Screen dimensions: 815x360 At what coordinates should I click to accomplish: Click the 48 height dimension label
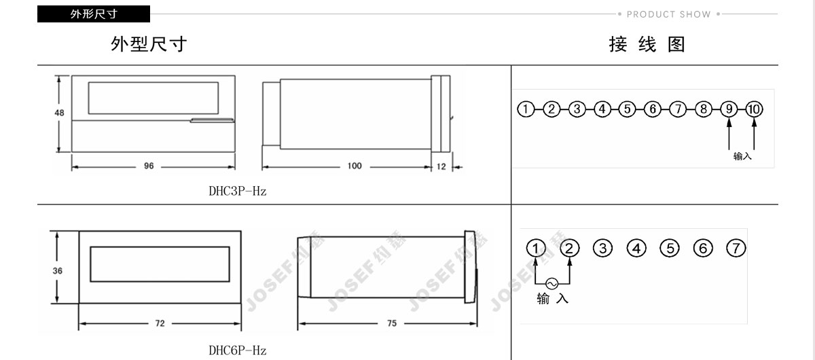click(x=59, y=113)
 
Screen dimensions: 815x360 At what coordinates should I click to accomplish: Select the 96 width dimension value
click(x=149, y=166)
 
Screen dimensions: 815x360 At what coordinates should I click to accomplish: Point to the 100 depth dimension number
click(x=355, y=166)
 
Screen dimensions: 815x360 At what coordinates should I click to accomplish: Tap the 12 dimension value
click(x=441, y=166)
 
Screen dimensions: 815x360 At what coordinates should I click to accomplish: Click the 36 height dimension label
click(x=58, y=271)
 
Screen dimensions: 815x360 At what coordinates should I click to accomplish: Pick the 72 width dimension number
click(x=160, y=323)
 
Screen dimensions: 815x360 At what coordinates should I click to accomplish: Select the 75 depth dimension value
click(x=392, y=323)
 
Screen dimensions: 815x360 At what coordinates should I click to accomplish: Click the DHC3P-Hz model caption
click(x=238, y=191)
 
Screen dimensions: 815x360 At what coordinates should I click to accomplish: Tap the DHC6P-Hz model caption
click(x=238, y=350)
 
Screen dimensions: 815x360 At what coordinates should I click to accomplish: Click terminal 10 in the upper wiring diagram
click(x=755, y=109)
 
